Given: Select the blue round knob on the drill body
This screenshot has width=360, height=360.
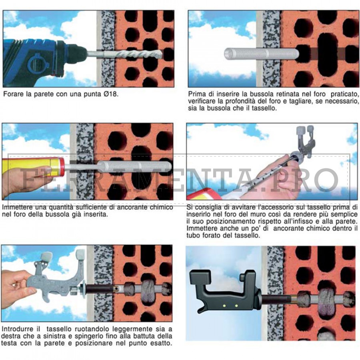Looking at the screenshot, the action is pos(37,65).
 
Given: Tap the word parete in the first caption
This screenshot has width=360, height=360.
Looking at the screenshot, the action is pos(44,94).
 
